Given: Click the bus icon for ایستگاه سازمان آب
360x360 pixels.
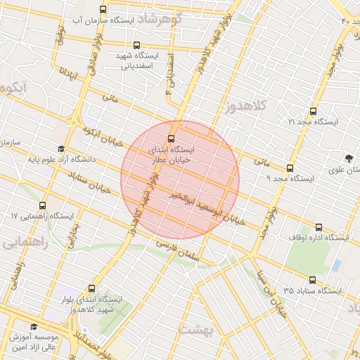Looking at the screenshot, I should (104, 10).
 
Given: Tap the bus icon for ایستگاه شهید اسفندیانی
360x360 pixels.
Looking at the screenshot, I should (136, 45).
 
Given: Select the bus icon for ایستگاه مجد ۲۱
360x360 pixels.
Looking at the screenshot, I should (313, 111).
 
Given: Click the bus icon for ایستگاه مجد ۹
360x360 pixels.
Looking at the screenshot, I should (290, 168).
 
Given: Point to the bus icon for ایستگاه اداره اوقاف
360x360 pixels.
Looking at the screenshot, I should (319, 228).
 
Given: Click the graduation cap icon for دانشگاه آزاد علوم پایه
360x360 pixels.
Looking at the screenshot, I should (61, 150).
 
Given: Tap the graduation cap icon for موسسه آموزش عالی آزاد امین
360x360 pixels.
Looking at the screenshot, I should (34, 326).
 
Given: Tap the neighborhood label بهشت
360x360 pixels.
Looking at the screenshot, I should (196, 329).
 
